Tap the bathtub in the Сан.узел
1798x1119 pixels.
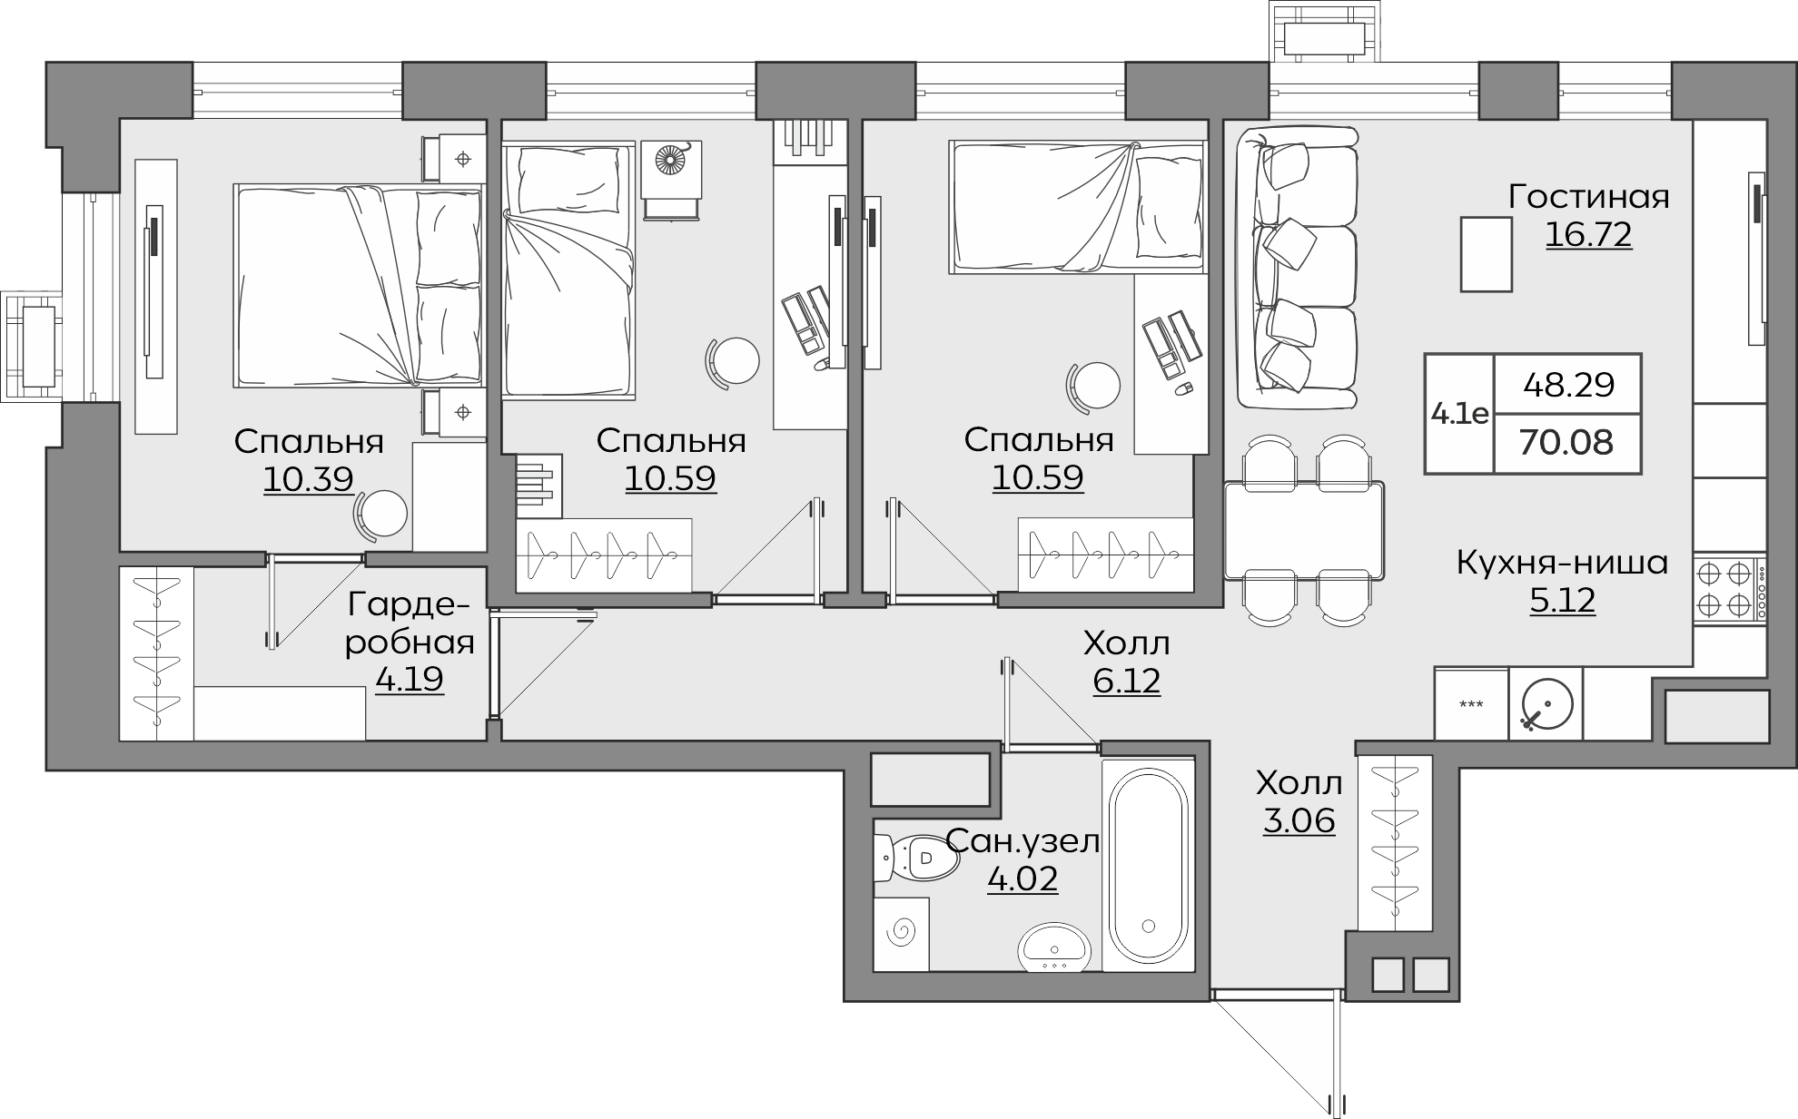click(1149, 865)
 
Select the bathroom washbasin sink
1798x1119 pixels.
click(1056, 947)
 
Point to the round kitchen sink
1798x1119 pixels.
click(1546, 705)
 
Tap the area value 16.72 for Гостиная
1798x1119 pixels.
click(1588, 234)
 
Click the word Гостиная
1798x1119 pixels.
click(1589, 197)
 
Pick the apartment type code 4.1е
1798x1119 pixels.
click(1459, 414)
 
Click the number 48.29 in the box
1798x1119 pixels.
click(1569, 385)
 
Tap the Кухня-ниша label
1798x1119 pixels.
click(1562, 563)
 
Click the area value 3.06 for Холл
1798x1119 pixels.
click(1299, 820)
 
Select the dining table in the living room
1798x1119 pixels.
click(1304, 530)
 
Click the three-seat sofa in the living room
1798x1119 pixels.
click(1298, 268)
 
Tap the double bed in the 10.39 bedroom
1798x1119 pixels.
click(359, 287)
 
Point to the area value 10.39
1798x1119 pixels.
click(308, 478)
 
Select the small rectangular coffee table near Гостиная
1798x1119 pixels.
click(1487, 254)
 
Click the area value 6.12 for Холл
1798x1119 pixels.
click(1126, 680)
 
